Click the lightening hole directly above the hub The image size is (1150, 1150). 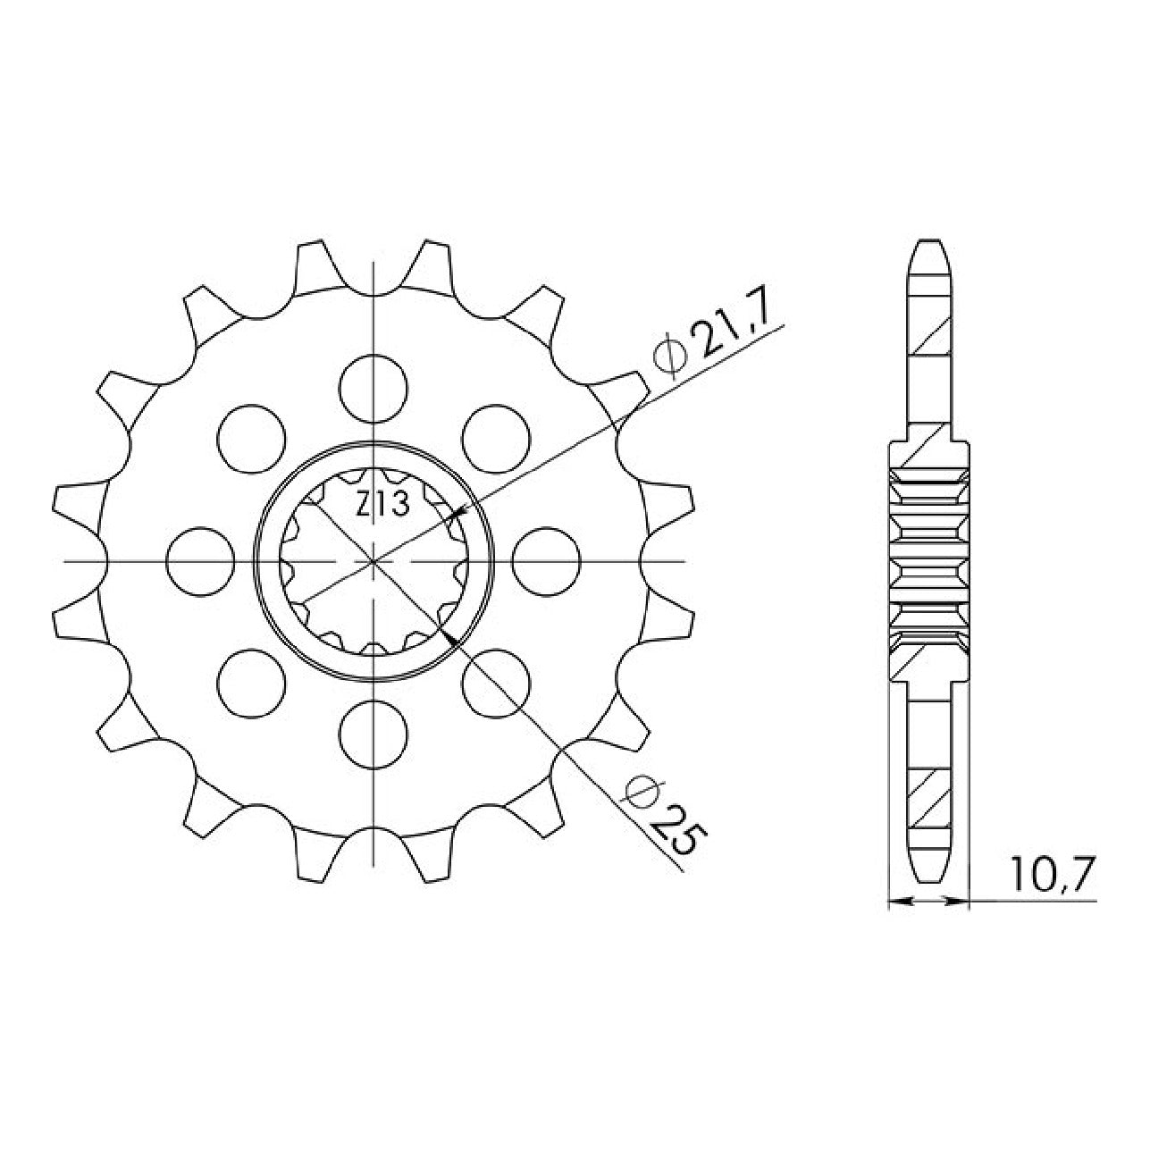click(373, 388)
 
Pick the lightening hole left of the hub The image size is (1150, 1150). click(200, 561)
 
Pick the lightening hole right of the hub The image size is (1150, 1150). click(546, 561)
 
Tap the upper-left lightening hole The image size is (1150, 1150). click(251, 439)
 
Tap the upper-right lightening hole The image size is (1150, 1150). click(496, 439)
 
